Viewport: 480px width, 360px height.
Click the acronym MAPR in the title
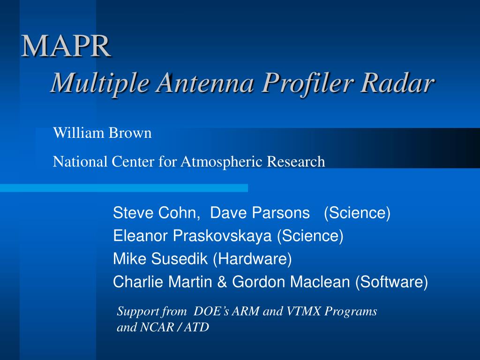tap(66, 46)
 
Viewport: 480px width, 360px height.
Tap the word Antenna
tap(205, 82)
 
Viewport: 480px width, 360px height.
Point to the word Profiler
tap(307, 82)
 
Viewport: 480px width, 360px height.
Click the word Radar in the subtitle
tap(397, 82)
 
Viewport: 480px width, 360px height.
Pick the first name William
tap(79, 133)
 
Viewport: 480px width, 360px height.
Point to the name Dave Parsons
tap(260, 212)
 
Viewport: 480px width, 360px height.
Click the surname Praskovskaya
tap(222, 235)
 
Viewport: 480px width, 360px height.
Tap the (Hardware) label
tap(252, 259)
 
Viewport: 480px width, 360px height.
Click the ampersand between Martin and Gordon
tap(222, 282)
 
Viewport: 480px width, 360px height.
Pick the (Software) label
tap(391, 282)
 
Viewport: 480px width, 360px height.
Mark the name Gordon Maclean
tap(291, 282)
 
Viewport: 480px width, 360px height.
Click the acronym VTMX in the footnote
tap(303, 311)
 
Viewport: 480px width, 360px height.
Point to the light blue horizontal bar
tap(124, 188)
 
